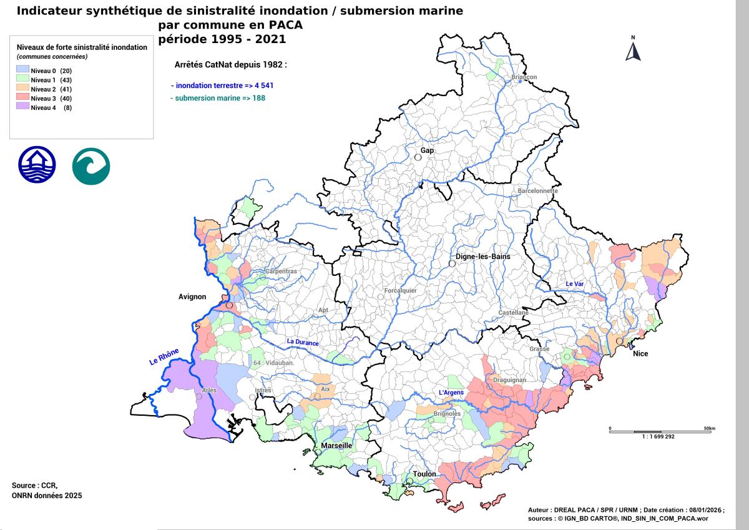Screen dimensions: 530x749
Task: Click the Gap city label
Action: click(x=427, y=151)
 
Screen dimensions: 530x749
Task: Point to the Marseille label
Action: click(x=336, y=446)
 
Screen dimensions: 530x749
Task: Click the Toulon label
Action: click(x=424, y=474)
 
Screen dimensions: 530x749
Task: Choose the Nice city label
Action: click(x=640, y=354)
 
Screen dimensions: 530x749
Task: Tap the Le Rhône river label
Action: click(x=164, y=358)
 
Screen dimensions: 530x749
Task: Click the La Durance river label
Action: click(x=303, y=342)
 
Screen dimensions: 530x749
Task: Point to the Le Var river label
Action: click(x=575, y=284)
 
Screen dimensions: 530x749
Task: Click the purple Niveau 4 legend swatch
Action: click(x=23, y=107)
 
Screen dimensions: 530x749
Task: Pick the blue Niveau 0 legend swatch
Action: click(x=23, y=71)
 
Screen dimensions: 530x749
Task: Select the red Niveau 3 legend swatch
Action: click(x=23, y=98)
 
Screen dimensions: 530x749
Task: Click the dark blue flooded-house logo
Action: click(x=37, y=165)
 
